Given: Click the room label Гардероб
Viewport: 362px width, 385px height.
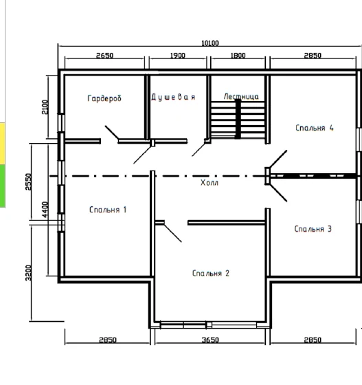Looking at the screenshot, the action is pos(104,98).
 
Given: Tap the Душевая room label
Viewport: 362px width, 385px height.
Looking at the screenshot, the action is pos(173,97).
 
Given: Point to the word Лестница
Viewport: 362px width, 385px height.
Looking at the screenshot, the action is pos(241,96).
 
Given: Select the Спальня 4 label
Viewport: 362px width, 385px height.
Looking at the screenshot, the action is pos(315,128).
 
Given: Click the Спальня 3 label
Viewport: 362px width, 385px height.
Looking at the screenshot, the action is pos(313,229).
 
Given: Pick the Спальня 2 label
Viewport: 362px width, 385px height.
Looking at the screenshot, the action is pos(211,273).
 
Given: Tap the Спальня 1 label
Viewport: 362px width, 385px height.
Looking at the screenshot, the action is pos(108,210).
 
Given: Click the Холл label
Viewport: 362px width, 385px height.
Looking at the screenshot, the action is pos(210,182).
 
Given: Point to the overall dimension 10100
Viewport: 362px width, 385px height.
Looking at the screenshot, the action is pos(210,43).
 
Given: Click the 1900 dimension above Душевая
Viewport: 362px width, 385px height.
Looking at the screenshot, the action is pos(178,56).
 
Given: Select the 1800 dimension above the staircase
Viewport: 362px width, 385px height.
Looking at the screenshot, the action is pos(238,56).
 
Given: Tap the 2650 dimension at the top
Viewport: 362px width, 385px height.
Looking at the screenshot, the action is pos(104,56).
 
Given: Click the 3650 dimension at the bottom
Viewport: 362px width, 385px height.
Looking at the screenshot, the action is pos(210,340).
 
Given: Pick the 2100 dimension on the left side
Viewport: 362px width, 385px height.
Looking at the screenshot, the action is pos(45,107).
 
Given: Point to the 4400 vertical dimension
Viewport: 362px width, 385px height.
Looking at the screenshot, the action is pos(45,210).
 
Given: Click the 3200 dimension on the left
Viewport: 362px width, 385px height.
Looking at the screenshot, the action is pos(28,273).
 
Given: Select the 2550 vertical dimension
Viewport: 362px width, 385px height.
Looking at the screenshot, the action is pos(28,181).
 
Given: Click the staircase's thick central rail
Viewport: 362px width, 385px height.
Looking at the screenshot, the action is pos(238,119).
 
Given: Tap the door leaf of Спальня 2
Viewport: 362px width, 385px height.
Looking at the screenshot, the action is pos(172,233).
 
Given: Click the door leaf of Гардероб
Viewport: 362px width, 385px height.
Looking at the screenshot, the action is pos(112,133).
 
